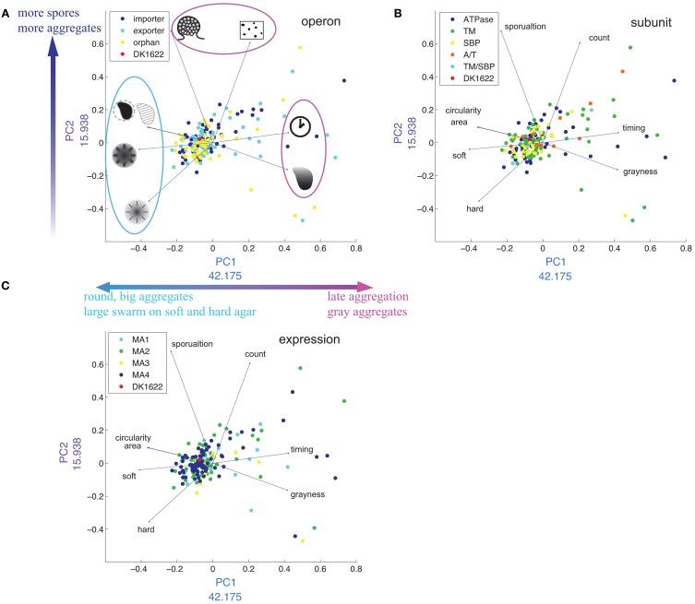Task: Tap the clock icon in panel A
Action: point(299,126)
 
